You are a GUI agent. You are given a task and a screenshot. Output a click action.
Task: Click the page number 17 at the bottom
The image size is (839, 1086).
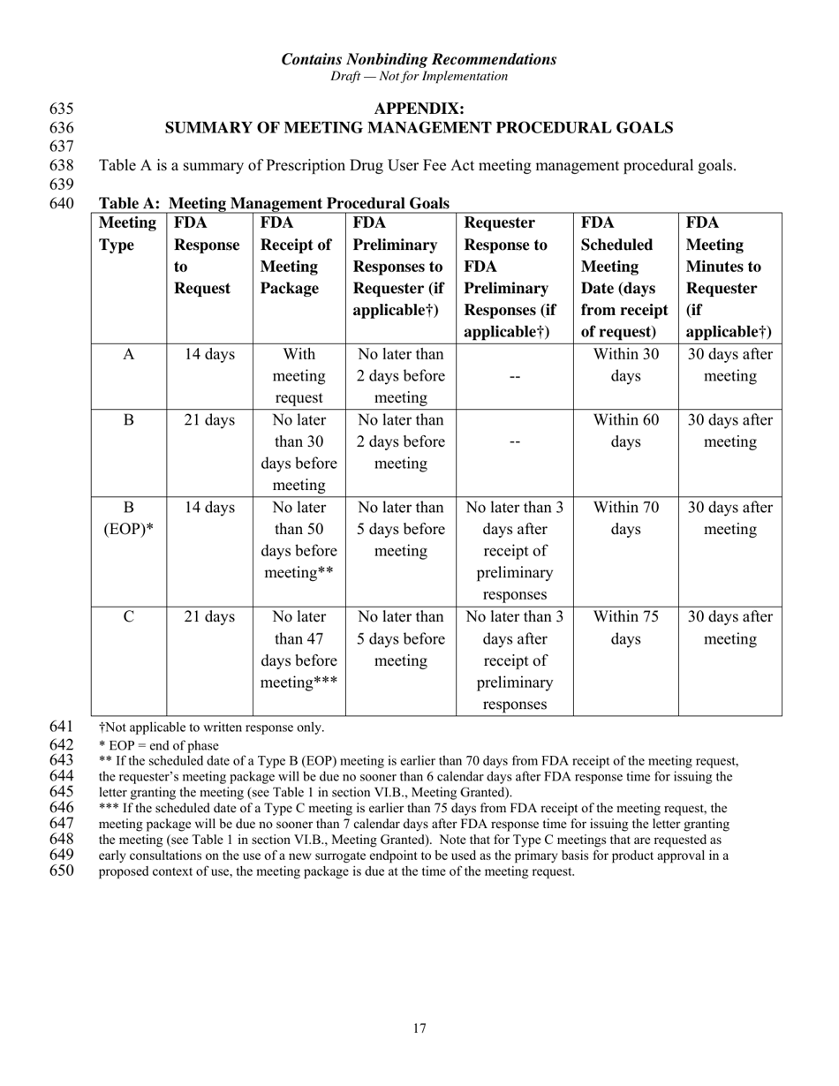(x=419, y=1028)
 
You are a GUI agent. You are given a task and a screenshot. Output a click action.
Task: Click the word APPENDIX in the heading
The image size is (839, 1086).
(x=419, y=109)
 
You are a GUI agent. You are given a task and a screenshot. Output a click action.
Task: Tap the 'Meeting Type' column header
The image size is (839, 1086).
(x=128, y=234)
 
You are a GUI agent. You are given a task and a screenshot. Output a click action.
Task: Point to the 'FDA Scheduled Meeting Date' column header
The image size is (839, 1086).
(x=625, y=277)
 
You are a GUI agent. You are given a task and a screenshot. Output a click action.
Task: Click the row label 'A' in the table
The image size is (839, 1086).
(x=129, y=355)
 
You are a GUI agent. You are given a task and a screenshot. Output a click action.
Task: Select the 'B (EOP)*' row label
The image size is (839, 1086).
(x=129, y=519)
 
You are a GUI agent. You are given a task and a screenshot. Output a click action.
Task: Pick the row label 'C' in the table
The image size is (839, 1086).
(x=129, y=617)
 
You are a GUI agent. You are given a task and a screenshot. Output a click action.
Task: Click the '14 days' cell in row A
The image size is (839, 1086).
(x=209, y=355)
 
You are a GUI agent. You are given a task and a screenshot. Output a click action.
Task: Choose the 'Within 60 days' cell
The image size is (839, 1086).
(x=625, y=431)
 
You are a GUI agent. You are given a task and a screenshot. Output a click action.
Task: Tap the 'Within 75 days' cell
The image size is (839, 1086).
(x=625, y=628)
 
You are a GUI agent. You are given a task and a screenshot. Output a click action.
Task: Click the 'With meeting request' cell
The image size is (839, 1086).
(x=299, y=376)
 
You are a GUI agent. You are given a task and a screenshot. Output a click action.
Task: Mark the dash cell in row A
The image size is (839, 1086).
(x=515, y=377)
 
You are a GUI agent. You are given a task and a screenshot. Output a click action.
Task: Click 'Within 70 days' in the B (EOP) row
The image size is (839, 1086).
(x=625, y=519)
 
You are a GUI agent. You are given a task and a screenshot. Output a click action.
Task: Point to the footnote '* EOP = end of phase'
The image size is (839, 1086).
(x=158, y=745)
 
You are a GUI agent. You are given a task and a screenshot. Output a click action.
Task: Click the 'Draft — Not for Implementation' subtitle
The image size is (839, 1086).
(x=419, y=77)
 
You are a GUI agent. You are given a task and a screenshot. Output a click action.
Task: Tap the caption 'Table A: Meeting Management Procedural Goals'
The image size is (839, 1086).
(x=274, y=204)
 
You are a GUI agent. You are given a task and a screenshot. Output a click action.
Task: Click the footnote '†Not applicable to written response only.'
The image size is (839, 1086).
(x=211, y=728)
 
